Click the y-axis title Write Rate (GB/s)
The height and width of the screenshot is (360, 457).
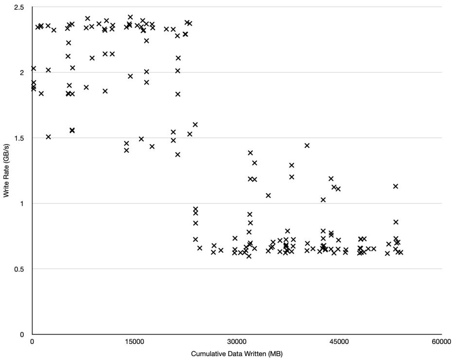pos(6,171)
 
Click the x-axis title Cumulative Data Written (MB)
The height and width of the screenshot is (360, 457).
pos(237,354)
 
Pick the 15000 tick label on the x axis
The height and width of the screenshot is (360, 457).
pos(134,342)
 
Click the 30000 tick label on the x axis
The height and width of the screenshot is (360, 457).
pos(237,342)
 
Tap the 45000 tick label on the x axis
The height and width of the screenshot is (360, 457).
pos(339,342)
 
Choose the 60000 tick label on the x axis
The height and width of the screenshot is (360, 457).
pos(441,342)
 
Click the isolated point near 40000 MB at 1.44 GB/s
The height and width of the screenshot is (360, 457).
pos(307,145)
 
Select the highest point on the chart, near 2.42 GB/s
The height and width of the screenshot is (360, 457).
pos(130,17)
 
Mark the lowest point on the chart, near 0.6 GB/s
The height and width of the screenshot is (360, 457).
pos(249,256)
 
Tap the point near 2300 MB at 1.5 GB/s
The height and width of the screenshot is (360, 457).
pos(48,137)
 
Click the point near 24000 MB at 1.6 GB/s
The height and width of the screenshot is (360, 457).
pos(195,125)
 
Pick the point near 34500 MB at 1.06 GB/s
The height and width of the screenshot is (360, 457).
pos(268,196)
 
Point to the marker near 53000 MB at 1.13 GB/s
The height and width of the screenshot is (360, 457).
pos(396,186)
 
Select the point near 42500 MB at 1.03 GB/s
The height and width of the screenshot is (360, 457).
pos(323,199)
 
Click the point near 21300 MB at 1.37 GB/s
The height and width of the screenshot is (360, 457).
pos(178,155)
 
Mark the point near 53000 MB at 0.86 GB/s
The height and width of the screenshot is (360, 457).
pos(396,222)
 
